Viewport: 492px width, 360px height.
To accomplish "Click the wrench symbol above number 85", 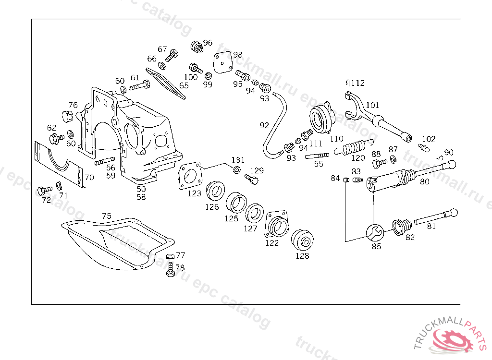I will [375, 233].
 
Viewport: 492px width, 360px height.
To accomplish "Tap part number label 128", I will [302, 256].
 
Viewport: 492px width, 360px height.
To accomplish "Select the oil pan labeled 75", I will [118, 242].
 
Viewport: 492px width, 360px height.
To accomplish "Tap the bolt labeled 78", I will [170, 272].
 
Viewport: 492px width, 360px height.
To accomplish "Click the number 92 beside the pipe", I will [264, 125].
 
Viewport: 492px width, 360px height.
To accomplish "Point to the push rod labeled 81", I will [435, 216].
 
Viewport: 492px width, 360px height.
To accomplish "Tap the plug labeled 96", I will [196, 47].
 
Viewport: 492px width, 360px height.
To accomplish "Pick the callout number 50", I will [141, 189].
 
